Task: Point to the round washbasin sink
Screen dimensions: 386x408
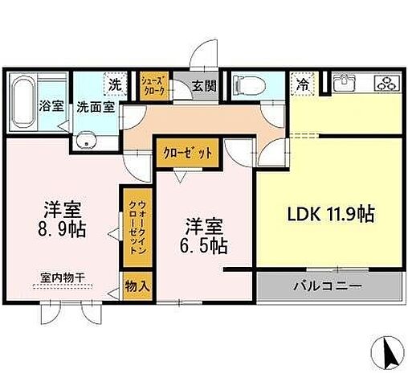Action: [84, 142]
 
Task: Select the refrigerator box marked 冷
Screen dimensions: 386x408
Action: [303, 83]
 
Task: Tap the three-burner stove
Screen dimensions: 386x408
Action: [383, 83]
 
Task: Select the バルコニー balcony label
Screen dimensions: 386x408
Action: [326, 286]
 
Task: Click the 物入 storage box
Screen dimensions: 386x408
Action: [136, 286]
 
